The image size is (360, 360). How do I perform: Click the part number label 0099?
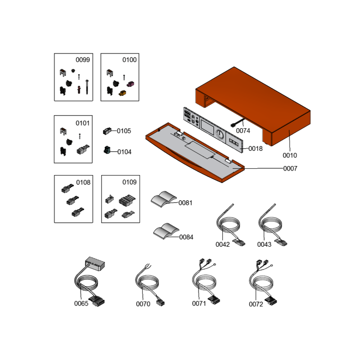tap(83, 60)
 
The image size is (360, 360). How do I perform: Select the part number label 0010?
tap(290, 155)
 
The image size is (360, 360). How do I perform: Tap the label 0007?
tap(290, 168)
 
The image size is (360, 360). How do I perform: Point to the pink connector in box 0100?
tap(130, 84)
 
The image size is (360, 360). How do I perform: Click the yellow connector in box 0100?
tap(122, 93)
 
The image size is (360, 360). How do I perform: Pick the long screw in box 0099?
tap(87, 87)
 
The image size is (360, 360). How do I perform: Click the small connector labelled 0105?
tap(107, 131)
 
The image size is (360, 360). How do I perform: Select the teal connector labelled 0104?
tap(107, 150)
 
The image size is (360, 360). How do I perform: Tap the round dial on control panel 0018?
tap(220, 134)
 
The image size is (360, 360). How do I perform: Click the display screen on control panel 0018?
tap(207, 127)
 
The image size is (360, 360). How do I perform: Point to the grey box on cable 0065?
tap(95, 264)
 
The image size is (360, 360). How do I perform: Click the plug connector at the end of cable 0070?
tap(160, 303)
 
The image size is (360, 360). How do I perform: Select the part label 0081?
tap(185, 203)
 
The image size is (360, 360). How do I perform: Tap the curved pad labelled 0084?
tap(166, 231)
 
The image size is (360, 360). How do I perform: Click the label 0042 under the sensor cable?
tap(222, 244)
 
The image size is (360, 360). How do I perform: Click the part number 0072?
tap(256, 304)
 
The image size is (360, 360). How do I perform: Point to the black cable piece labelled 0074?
tap(237, 122)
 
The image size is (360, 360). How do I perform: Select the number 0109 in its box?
tap(130, 182)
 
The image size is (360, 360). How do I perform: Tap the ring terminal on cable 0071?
tap(215, 265)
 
